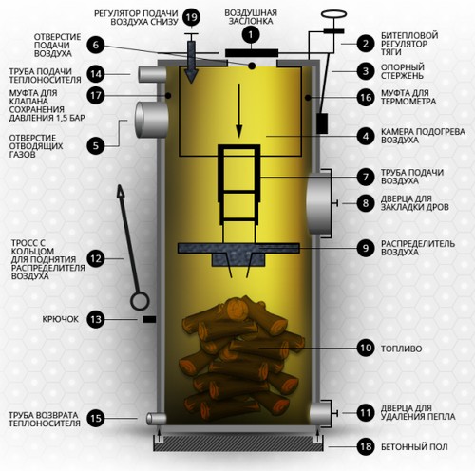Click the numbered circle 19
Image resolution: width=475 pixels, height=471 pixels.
[191, 17]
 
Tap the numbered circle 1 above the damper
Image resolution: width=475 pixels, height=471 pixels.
[251, 35]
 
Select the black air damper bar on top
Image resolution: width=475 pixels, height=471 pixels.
[252, 53]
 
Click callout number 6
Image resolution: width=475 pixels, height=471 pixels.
[96, 45]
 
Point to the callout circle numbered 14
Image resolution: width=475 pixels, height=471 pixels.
[96, 74]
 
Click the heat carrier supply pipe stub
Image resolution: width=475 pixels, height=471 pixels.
[152, 74]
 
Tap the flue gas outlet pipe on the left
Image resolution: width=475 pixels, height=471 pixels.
[151, 120]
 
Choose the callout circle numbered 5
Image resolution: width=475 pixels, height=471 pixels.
[96, 146]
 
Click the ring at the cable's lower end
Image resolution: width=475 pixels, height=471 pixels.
[140, 301]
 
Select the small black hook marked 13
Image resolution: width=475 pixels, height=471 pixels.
[149, 319]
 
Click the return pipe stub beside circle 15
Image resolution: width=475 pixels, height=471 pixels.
[156, 419]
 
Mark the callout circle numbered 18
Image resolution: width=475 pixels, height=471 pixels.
[366, 446]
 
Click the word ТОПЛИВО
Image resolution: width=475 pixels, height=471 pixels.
[401, 349]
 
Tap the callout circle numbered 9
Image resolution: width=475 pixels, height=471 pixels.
[366, 248]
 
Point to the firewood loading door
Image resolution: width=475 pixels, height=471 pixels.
[319, 203]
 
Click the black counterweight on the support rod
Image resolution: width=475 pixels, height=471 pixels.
[322, 123]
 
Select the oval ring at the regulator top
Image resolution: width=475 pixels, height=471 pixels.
[333, 14]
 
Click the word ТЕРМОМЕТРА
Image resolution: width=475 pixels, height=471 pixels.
[408, 102]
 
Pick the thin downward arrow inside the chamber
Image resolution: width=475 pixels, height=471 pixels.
[239, 111]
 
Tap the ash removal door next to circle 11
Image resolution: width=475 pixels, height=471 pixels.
[320, 413]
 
